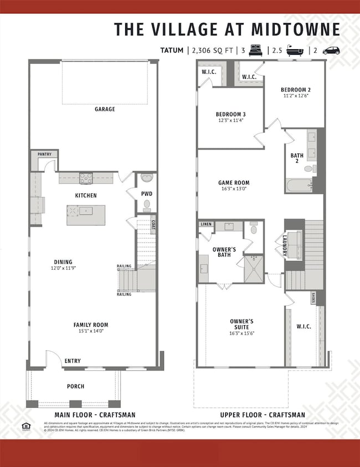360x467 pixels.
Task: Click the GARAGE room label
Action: (x=104, y=109)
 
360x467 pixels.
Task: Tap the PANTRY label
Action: (x=44, y=154)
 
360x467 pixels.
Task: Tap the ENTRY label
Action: (x=72, y=361)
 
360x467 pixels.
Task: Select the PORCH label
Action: (x=75, y=386)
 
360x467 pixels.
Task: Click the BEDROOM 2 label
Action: (x=295, y=90)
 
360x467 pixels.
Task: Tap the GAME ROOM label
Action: (x=234, y=183)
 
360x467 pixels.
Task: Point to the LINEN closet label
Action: (x=206, y=224)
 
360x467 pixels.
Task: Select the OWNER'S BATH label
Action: (x=224, y=253)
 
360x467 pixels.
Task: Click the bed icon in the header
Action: (x=256, y=50)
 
